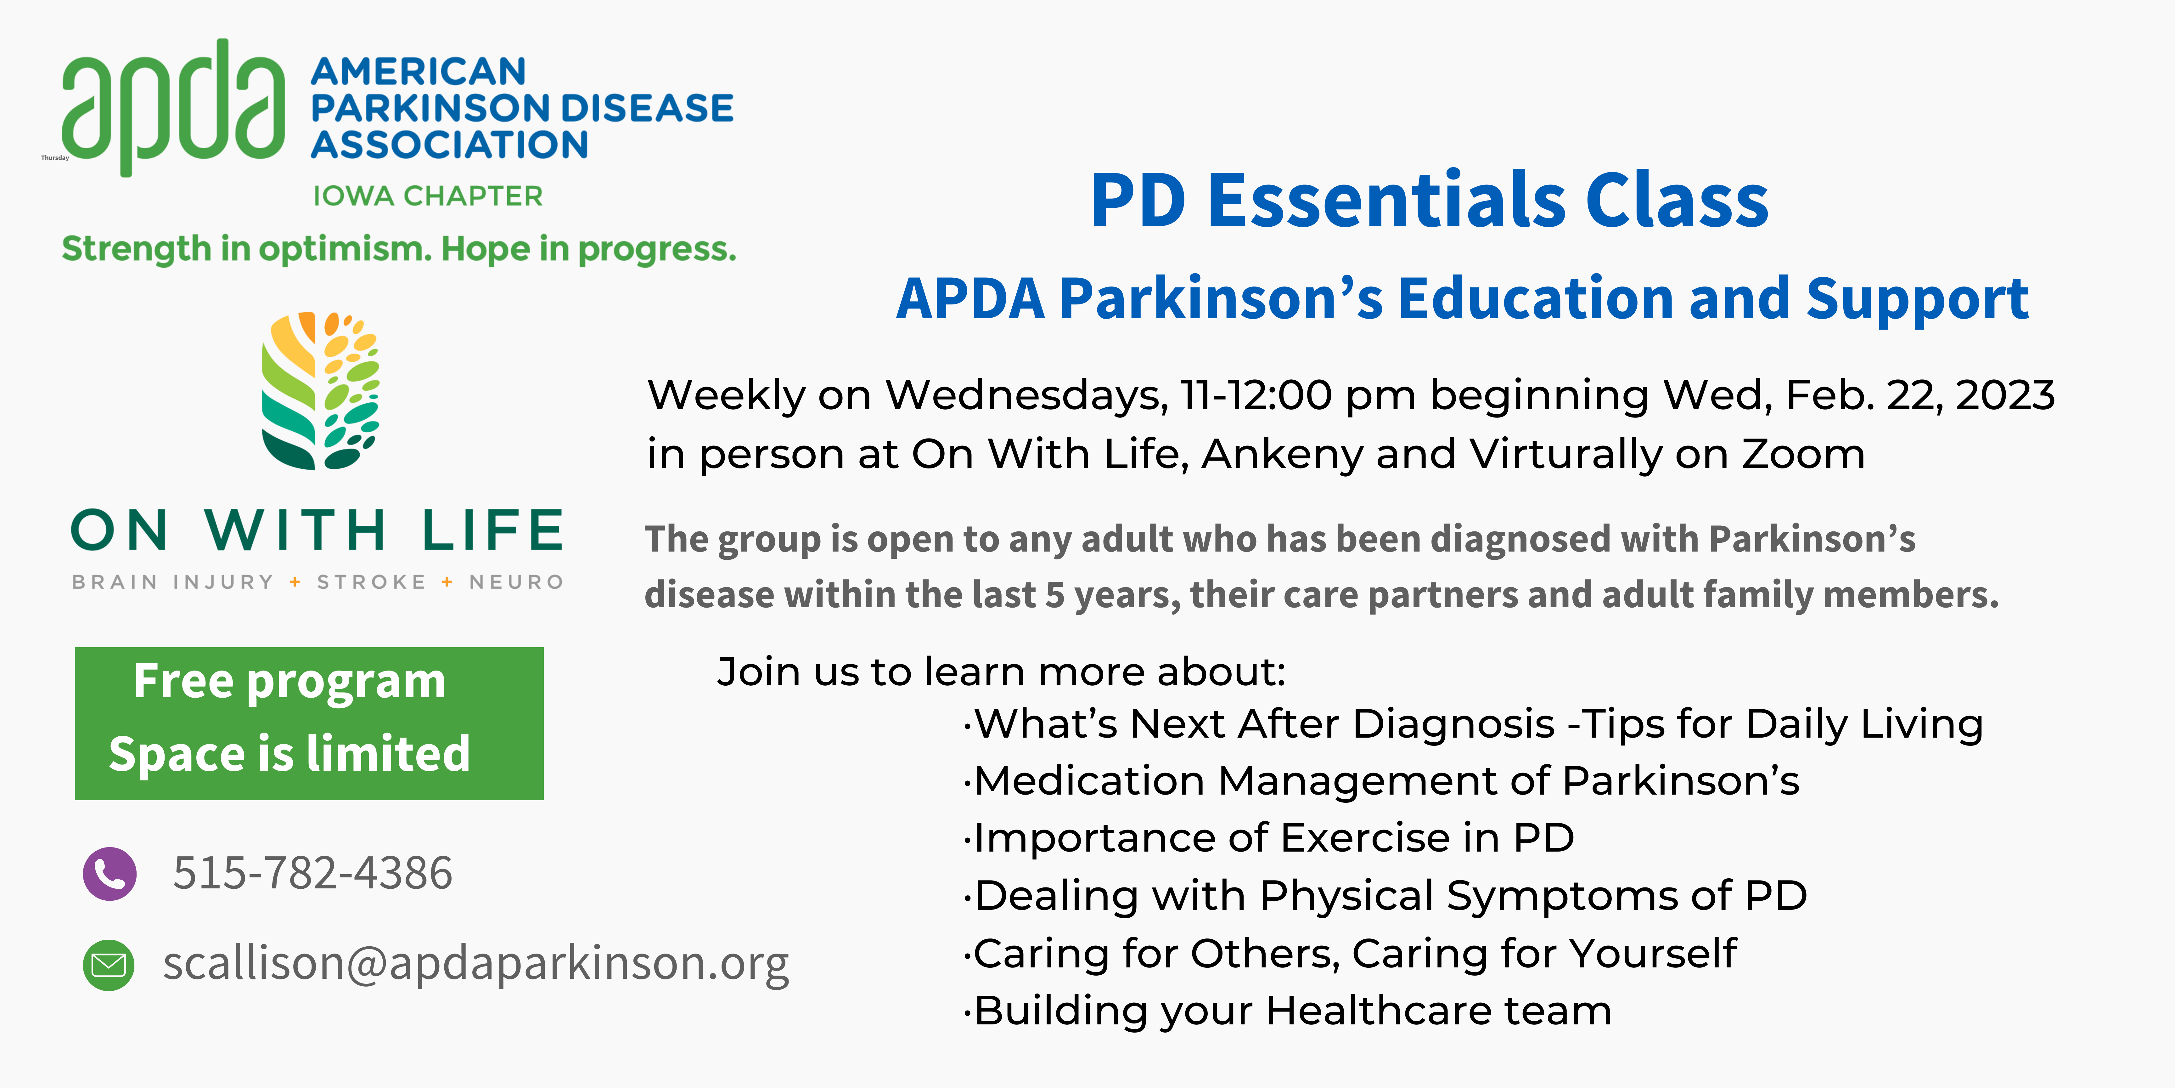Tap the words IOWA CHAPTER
point(427,196)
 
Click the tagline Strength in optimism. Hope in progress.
point(398,249)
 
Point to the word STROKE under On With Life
point(372,582)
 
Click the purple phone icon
point(110,873)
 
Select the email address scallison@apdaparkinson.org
point(475,963)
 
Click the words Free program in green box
point(289,682)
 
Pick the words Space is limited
point(289,753)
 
